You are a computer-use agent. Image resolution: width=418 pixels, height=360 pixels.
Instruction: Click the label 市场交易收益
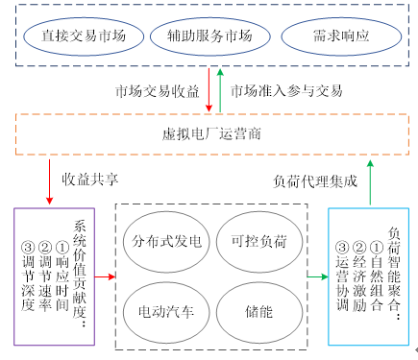tap(158, 91)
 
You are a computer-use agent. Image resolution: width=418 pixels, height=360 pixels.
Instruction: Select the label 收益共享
tap(90, 179)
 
